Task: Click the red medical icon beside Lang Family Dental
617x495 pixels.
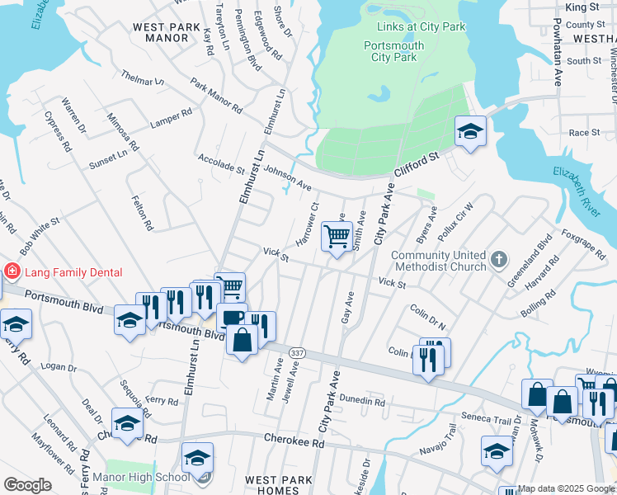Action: (x=12, y=271)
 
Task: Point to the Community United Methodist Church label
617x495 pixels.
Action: (x=439, y=261)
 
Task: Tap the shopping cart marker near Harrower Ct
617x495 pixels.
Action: (x=337, y=238)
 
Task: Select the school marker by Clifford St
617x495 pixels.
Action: (x=470, y=132)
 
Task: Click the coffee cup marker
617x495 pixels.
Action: (x=232, y=318)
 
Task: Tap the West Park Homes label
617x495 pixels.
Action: (x=279, y=485)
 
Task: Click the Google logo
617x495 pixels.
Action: (x=26, y=485)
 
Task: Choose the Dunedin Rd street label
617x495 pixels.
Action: (x=361, y=403)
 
